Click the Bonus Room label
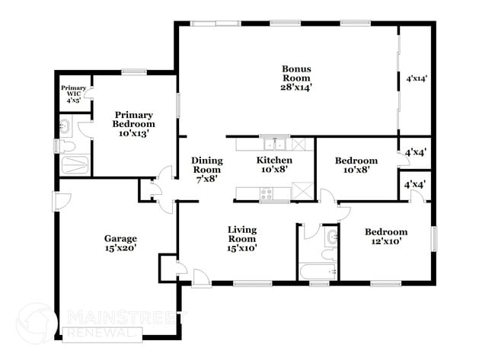[x=296, y=78]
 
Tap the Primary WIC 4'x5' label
[x=74, y=93]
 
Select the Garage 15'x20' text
[x=120, y=244]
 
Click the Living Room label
[x=241, y=238]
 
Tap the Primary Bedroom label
[x=133, y=124]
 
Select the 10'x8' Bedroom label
[x=356, y=166]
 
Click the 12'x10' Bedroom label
[x=385, y=237]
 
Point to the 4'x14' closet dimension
[x=417, y=78]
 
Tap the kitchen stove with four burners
[x=267, y=194]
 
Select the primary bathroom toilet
[x=66, y=145]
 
